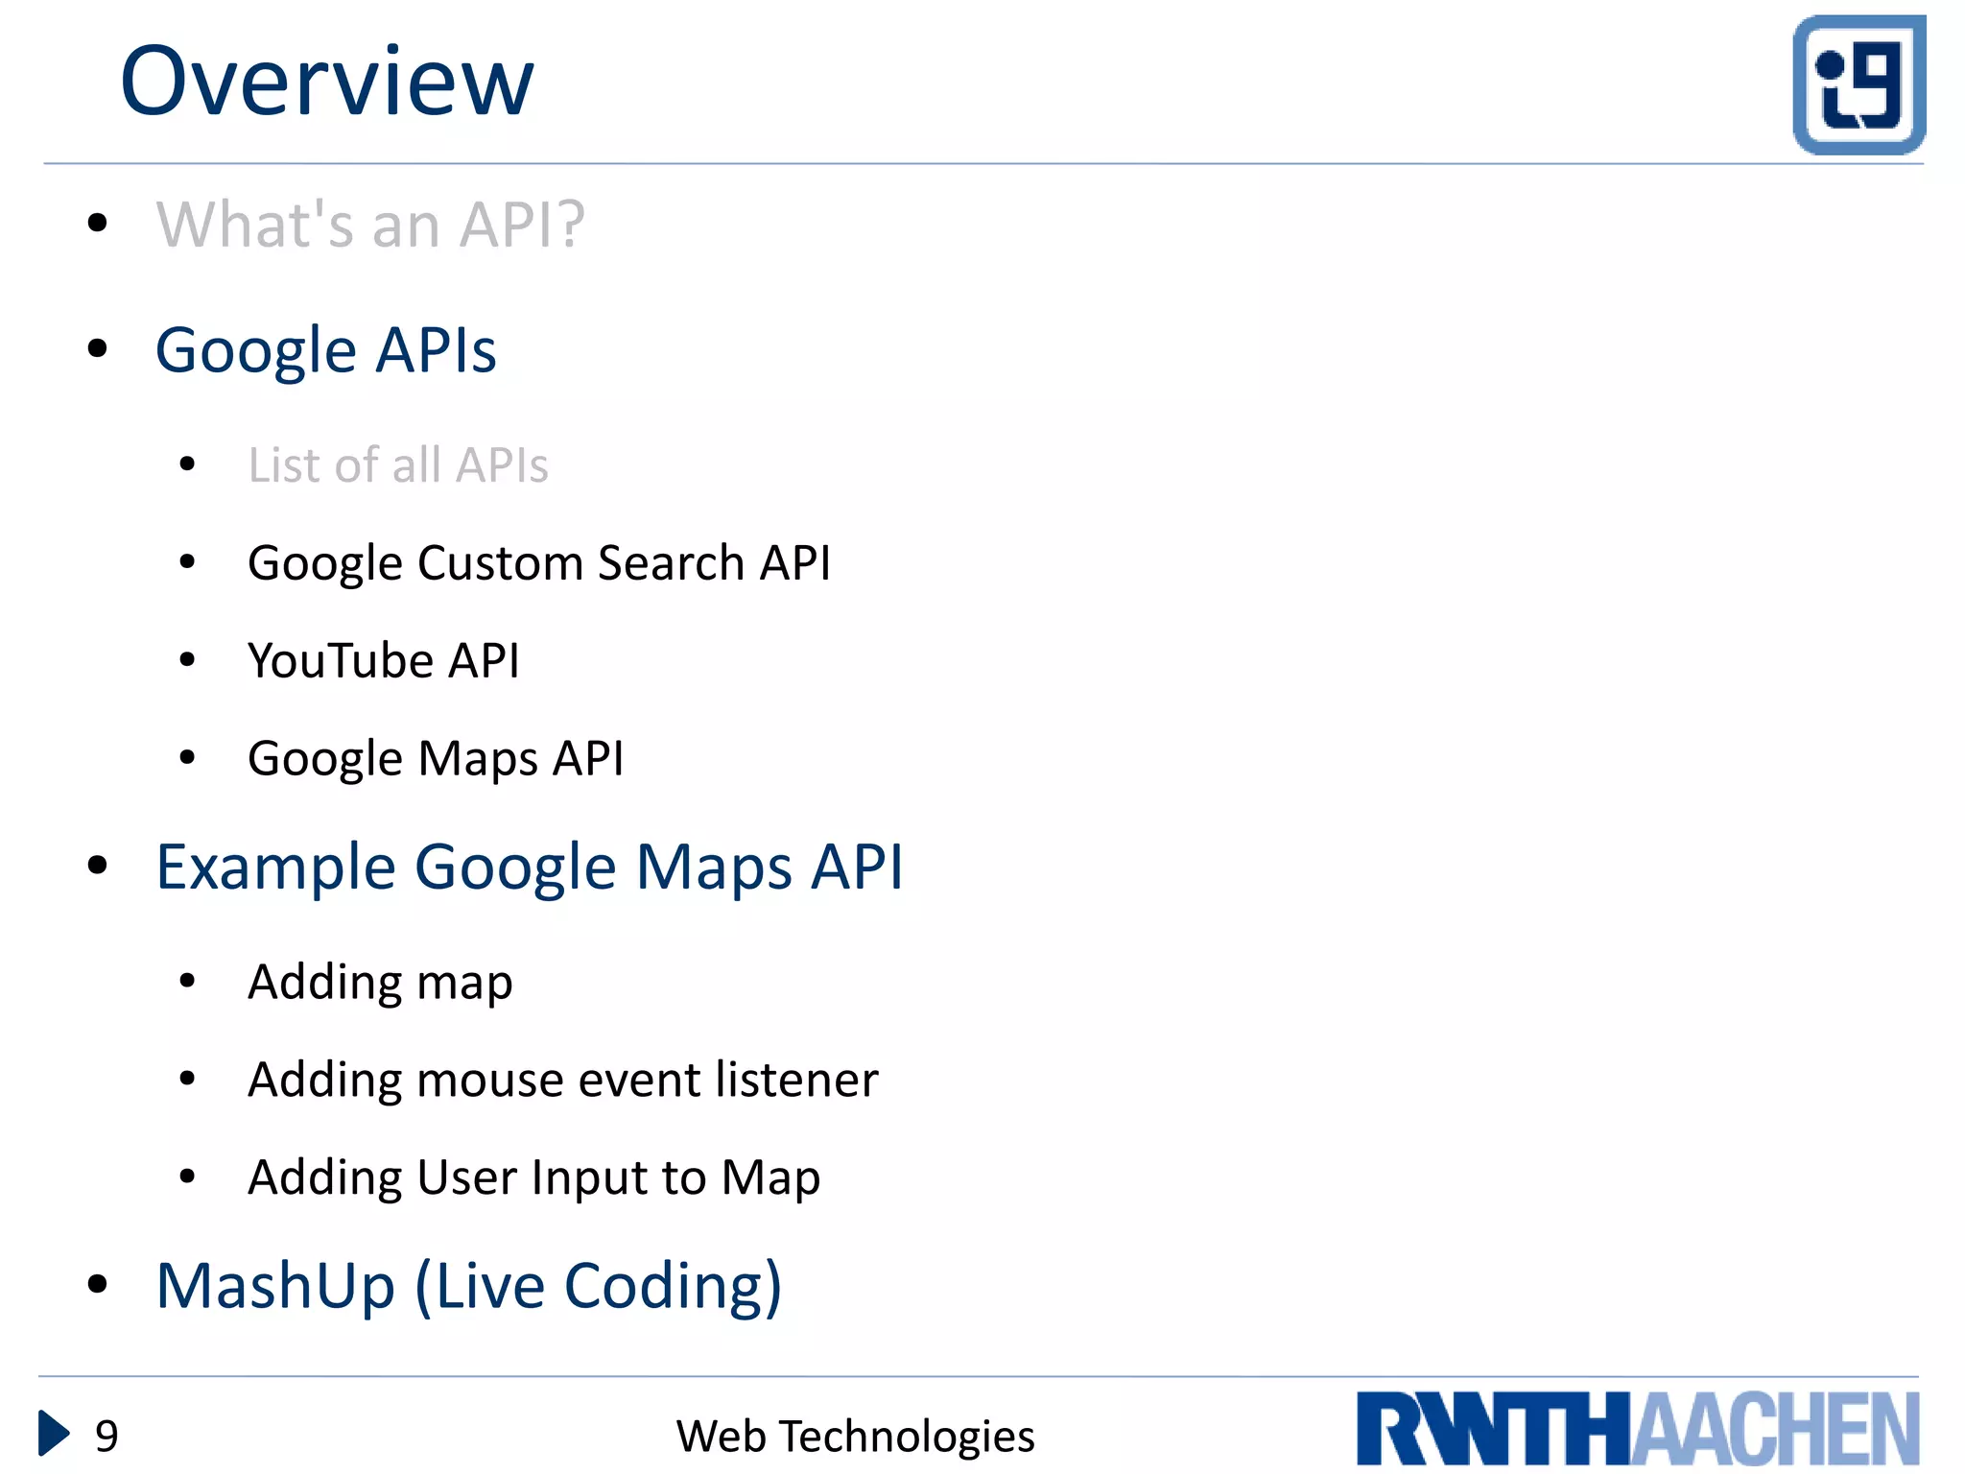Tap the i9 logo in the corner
1858,84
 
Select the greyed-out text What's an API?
370,225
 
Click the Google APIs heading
326,350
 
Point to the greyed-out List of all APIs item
398,465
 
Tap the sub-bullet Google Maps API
436,758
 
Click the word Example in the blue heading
276,868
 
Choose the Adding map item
380,983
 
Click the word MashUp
276,1286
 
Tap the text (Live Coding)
599,1286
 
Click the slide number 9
107,1437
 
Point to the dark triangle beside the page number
53,1434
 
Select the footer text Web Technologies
855,1437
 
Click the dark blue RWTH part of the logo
1493,1429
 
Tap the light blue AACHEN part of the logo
1775,1429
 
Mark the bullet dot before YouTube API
187,659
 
